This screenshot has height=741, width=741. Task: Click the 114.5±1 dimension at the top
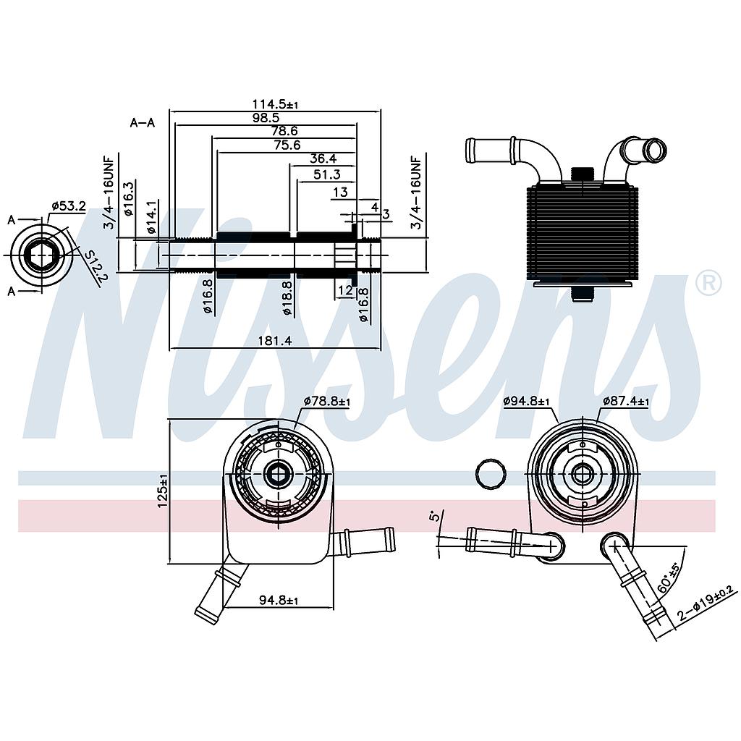(276, 105)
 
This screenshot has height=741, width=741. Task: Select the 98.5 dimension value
(266, 118)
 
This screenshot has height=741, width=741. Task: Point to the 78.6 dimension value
(284, 131)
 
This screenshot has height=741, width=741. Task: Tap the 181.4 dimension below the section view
(274, 341)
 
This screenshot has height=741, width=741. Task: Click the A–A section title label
(143, 123)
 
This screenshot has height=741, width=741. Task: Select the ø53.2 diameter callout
(68, 206)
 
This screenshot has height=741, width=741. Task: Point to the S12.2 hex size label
(93, 268)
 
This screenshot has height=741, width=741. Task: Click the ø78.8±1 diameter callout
(326, 401)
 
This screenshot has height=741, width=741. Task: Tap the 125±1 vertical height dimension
(163, 490)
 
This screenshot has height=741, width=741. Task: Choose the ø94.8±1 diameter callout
(527, 401)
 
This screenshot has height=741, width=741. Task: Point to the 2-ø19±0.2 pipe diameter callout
(706, 605)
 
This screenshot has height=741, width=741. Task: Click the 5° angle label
(433, 516)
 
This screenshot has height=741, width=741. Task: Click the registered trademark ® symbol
(708, 283)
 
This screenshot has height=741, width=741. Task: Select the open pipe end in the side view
(656, 151)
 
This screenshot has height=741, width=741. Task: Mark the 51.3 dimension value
(327, 174)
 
